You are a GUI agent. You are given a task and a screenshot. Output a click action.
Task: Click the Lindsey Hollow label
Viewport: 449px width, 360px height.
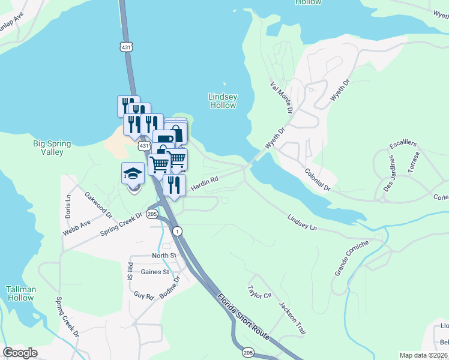[223, 101]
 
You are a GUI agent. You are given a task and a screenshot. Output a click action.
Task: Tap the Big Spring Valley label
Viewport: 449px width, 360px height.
[52, 148]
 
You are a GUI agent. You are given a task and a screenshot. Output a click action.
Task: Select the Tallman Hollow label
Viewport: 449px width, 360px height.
[20, 293]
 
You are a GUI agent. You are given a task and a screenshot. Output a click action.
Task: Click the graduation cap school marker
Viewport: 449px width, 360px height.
[133, 175]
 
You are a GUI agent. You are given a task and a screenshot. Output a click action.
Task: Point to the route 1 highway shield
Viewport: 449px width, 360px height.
[177, 231]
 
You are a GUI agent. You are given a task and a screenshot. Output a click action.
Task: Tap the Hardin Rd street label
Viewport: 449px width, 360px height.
[203, 184]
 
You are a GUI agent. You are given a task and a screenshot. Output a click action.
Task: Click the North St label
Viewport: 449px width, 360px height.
[164, 255]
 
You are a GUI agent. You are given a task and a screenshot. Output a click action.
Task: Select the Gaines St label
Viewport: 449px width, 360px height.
[154, 271]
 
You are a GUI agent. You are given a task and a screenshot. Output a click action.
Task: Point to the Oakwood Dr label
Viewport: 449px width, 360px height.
[98, 204]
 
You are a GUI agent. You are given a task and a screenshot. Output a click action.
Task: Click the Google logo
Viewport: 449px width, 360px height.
[20, 353]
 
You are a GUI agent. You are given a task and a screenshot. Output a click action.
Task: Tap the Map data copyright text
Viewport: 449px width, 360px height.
[424, 355]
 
